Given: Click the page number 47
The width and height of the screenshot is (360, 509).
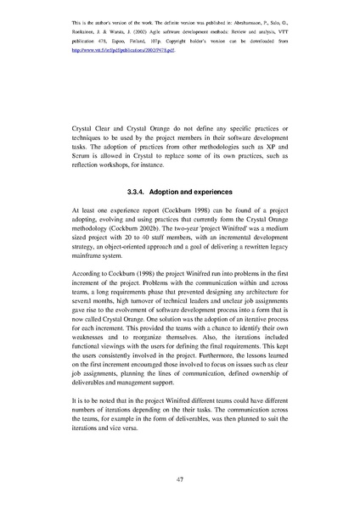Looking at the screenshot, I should point(180,478).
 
